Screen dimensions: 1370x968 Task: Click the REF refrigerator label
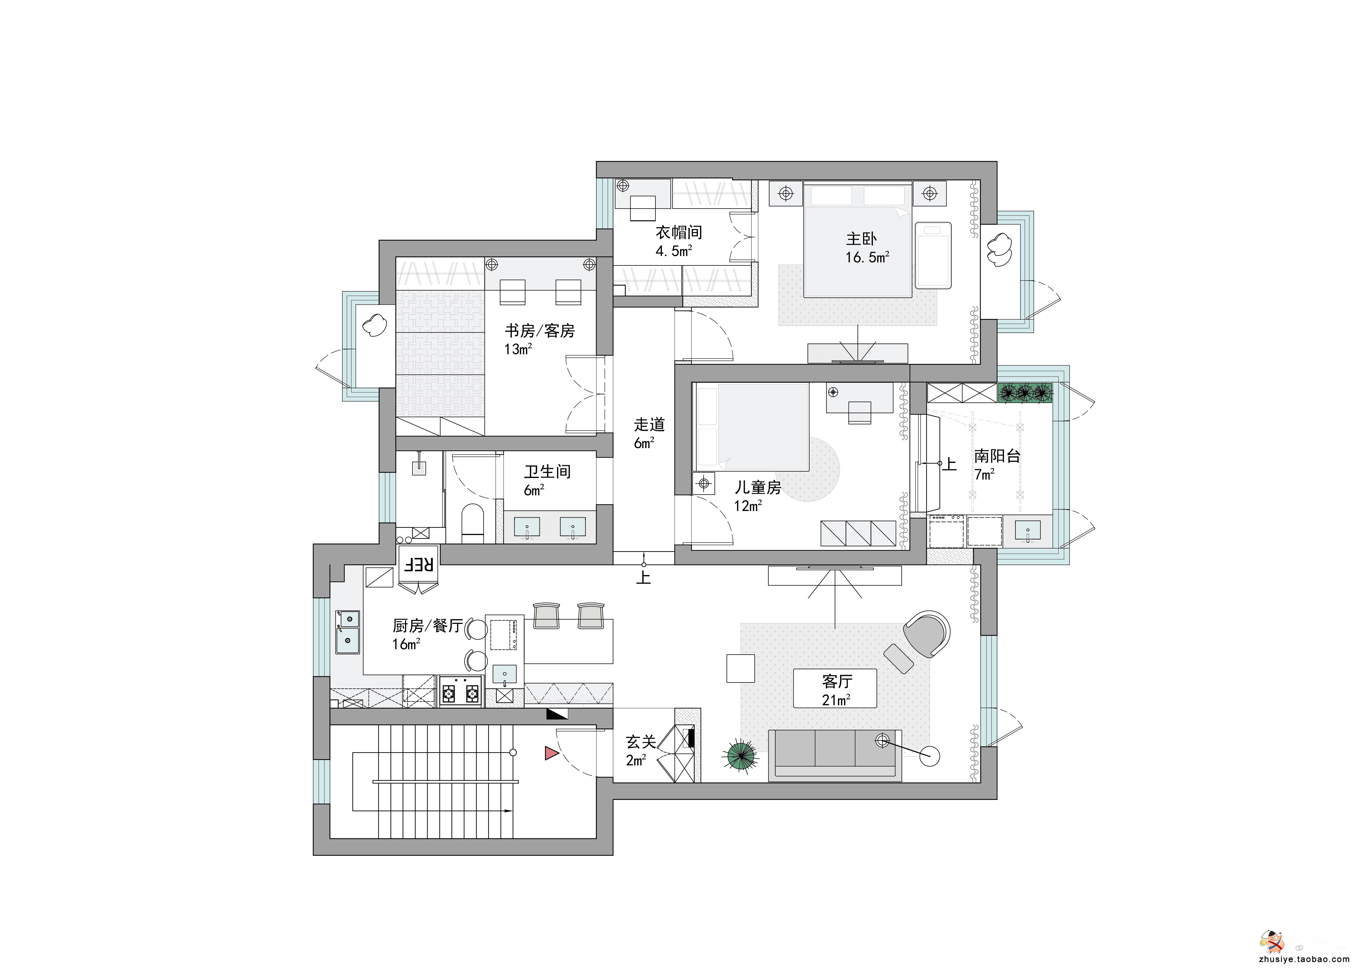point(419,564)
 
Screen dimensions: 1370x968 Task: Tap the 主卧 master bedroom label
point(861,239)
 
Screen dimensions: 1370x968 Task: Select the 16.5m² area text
point(867,257)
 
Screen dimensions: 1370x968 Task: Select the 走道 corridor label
point(649,425)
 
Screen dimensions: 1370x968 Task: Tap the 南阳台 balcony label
point(997,456)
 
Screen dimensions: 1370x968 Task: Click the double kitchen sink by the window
point(347,632)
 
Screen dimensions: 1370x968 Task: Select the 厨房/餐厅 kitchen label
point(428,626)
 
